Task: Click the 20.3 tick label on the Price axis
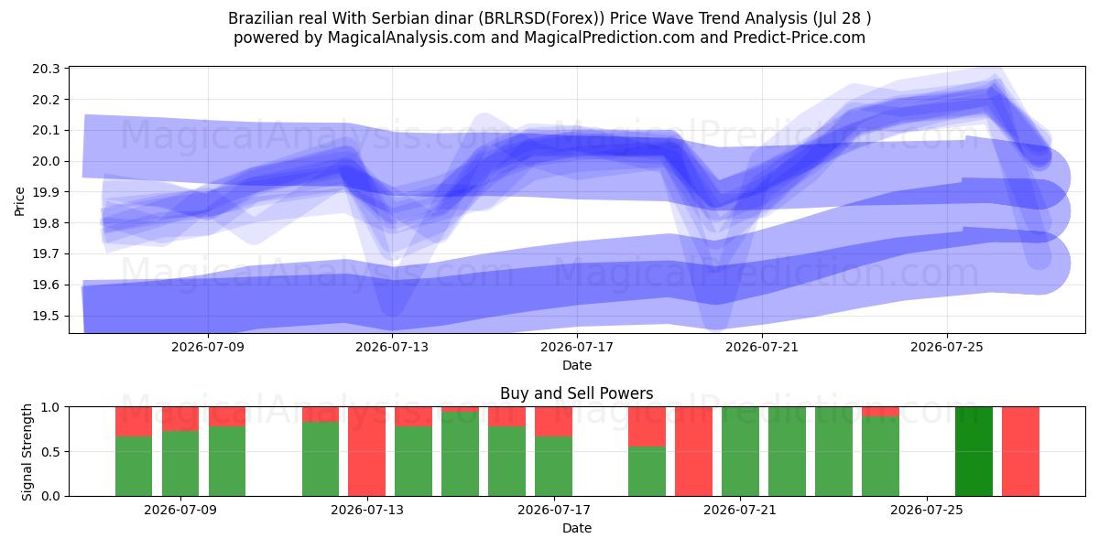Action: click(46, 69)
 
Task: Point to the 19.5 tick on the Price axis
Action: click(46, 316)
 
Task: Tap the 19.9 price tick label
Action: click(46, 192)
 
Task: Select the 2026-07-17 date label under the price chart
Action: click(577, 347)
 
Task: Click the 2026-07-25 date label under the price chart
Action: click(947, 347)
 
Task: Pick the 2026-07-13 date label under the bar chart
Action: click(367, 510)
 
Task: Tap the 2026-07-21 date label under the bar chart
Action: click(740, 510)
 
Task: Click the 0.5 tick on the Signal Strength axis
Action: click(50, 451)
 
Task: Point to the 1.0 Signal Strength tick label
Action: click(50, 407)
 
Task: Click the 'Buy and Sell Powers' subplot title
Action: click(576, 393)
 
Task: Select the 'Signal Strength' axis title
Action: click(27, 452)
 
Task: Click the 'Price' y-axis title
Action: click(19, 201)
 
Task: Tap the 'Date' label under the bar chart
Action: click(577, 528)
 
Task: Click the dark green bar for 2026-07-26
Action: click(974, 451)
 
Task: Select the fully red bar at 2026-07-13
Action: click(367, 451)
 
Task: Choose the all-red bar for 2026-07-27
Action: click(1020, 451)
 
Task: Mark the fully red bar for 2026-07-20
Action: click(693, 451)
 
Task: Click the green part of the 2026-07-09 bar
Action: click(180, 463)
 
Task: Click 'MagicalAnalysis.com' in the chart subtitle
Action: click(407, 38)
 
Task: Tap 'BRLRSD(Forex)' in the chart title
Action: click(544, 18)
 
